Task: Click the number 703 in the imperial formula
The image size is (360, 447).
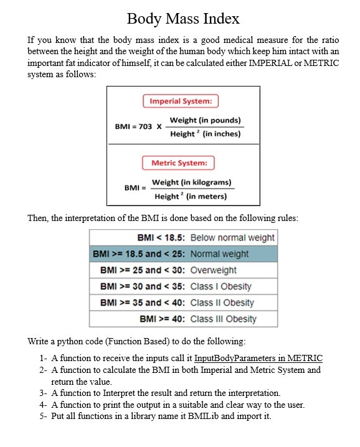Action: coord(144,126)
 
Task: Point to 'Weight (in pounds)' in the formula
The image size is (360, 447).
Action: coord(205,120)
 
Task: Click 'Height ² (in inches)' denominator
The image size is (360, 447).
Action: coord(205,134)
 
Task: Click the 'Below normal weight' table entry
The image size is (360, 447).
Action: coord(232,238)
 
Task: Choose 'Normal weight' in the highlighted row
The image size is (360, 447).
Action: coord(219,254)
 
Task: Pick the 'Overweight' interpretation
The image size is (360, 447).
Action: coord(214,270)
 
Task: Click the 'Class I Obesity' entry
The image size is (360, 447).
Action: coord(221,286)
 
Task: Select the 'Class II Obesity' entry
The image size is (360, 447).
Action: coord(222,303)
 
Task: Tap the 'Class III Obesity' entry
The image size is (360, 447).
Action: coord(224,319)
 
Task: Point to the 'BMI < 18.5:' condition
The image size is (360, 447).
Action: coord(161,238)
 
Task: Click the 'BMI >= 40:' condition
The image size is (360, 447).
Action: coord(163,319)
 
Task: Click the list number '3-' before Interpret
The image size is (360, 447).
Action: coord(43,393)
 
